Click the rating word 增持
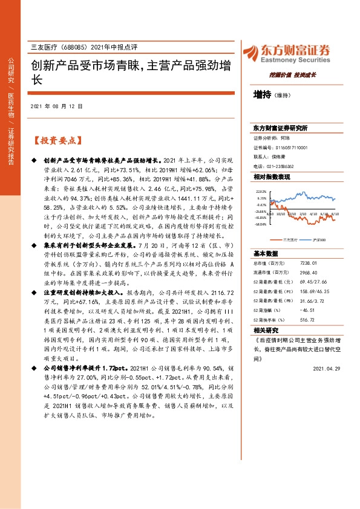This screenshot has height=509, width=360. coord(263,95)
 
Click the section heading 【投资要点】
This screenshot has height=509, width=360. coord(57,140)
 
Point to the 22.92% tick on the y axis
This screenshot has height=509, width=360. coord(261,190)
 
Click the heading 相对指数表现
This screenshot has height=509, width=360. coord(271,177)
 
